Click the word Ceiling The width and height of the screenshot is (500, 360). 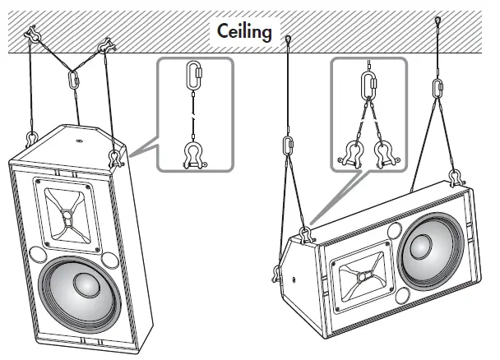(245, 33)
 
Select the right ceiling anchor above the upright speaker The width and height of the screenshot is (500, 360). (104, 48)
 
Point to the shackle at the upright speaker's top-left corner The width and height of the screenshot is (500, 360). (30, 136)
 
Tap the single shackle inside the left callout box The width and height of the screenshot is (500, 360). (195, 155)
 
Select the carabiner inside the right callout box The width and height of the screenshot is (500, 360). (368, 85)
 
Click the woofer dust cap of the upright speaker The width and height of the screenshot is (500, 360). (85, 284)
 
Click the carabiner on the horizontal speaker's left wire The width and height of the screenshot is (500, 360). (289, 145)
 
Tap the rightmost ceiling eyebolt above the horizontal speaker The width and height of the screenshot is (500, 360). (438, 22)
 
